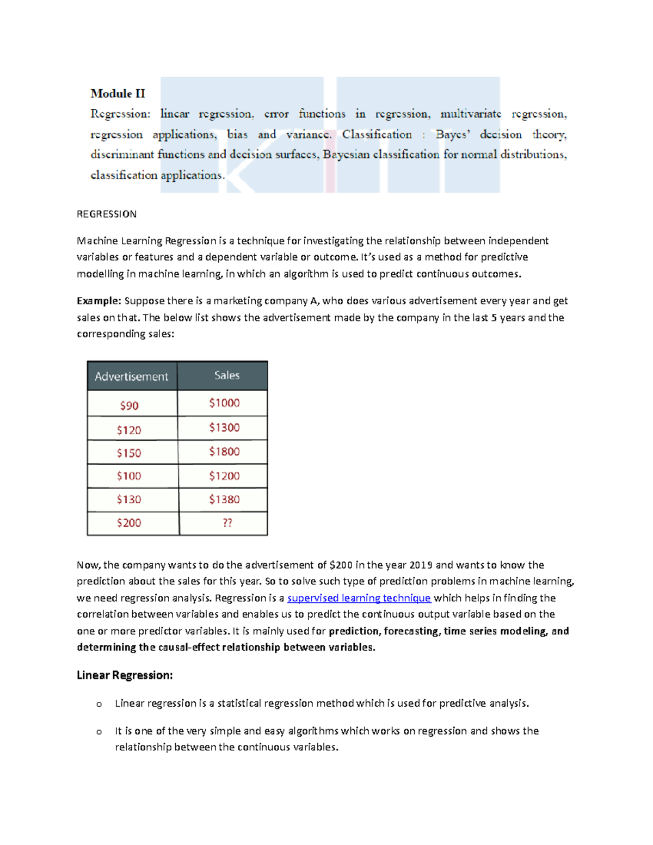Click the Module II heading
(118, 94)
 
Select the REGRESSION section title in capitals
(107, 214)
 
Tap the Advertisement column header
(132, 376)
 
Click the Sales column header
(226, 375)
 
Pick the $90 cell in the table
(130, 405)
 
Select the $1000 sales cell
(224, 403)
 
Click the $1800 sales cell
(224, 452)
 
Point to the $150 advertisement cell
(129, 453)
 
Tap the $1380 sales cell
(224, 499)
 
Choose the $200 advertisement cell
(129, 523)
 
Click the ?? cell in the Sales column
(227, 523)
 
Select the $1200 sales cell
(224, 476)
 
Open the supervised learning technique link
(359, 598)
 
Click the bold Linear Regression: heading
(125, 675)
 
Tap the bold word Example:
(98, 301)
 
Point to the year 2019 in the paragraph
(421, 565)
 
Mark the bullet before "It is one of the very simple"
(99, 732)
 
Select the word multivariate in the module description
(471, 114)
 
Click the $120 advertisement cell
(129, 430)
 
